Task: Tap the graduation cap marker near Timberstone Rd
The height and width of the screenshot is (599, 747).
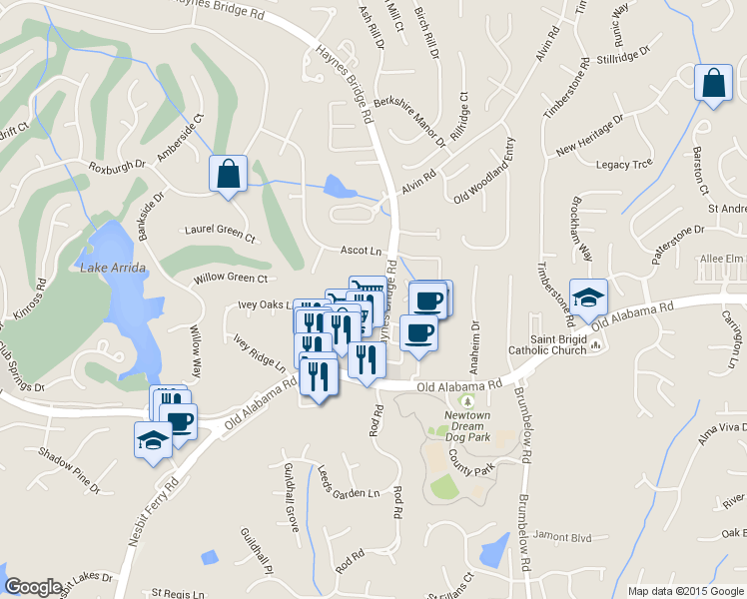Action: [588, 297]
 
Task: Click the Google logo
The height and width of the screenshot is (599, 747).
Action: [33, 587]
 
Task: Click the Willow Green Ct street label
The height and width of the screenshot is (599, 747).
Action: [232, 279]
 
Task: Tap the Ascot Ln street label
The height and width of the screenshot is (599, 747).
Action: [362, 251]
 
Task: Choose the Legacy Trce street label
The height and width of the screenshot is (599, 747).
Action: [623, 165]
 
